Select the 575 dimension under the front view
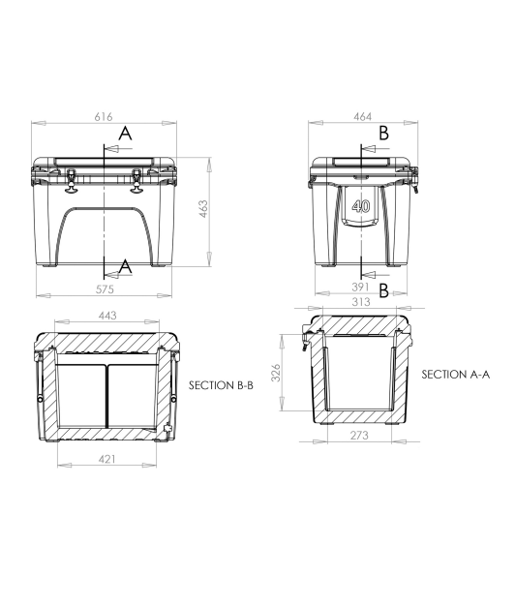pos(105,288)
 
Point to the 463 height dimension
pos(204,210)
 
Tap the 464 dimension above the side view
pos(361,117)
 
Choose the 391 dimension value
pos(360,288)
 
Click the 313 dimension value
pos(360,301)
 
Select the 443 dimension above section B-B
pos(106,316)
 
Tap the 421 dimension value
pos(106,458)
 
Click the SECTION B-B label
pos(221,385)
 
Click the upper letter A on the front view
pos(124,135)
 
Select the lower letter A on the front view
pos(124,264)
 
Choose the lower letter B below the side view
pos(383,288)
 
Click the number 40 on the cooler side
pos(361,206)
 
